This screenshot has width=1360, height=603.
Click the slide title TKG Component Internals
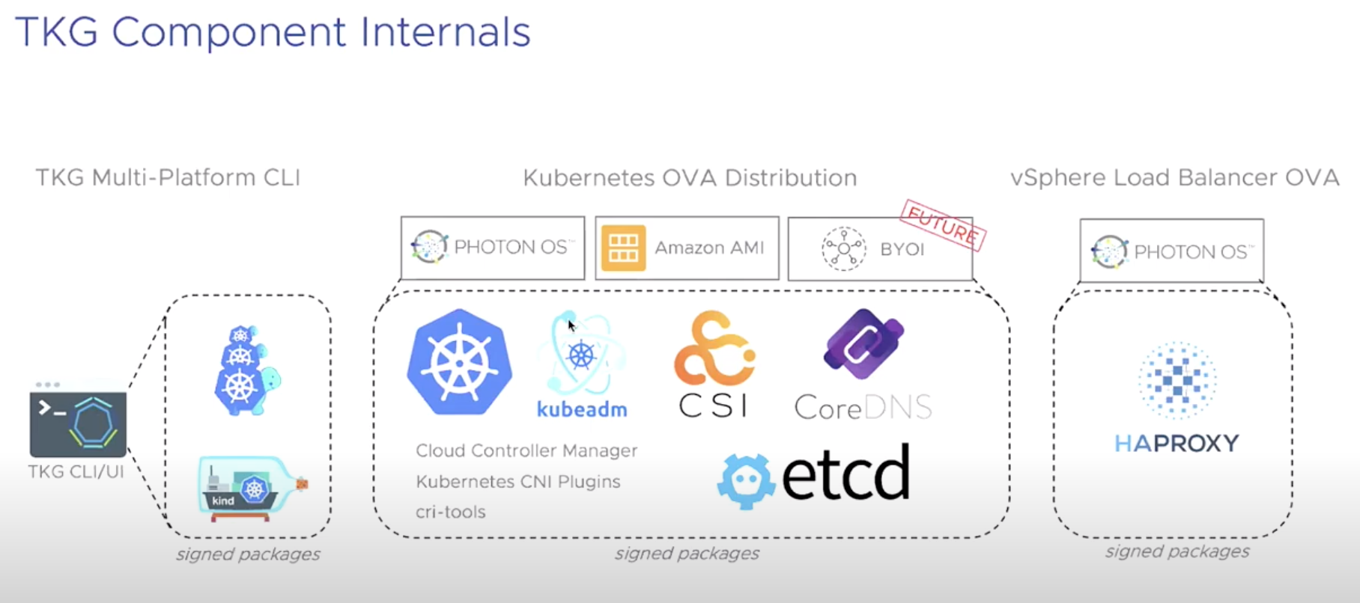coord(273,32)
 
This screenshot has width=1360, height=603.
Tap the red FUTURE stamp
coord(943,225)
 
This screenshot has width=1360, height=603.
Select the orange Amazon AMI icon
coord(623,248)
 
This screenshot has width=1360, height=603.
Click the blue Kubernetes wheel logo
coord(460,362)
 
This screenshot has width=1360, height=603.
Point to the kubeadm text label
coord(582,409)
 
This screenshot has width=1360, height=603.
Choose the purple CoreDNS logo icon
coord(863,343)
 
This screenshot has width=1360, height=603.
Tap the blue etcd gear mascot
coord(745,481)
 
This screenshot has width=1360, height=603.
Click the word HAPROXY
coord(1176,444)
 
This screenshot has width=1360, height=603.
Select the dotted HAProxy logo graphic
coord(1177,380)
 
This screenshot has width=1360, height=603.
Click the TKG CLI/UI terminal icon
coord(78,423)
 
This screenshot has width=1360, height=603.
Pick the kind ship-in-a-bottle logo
coord(252,488)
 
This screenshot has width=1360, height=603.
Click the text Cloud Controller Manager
coord(526,450)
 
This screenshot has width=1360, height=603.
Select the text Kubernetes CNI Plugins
coord(518,481)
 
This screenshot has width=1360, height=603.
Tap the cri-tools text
coord(451,512)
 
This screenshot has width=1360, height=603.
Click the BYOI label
coord(902,249)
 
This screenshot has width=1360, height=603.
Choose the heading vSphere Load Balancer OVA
coord(1174,177)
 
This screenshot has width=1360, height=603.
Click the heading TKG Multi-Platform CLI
coord(168,177)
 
